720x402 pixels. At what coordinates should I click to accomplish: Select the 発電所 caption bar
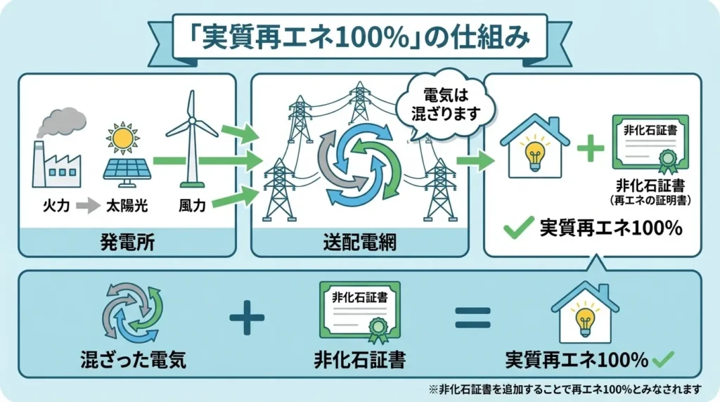click(x=127, y=243)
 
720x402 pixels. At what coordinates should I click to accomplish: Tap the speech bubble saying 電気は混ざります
click(x=445, y=103)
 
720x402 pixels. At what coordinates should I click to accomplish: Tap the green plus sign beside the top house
click(x=590, y=149)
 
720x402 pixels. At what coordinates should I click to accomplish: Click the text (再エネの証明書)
click(x=650, y=200)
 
